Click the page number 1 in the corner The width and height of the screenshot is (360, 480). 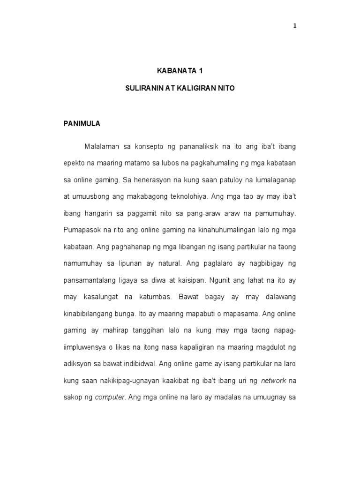[295, 26]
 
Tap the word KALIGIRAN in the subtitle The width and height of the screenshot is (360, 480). [194, 88]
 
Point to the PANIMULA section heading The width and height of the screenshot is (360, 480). [82, 124]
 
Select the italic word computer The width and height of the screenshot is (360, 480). [110, 397]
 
